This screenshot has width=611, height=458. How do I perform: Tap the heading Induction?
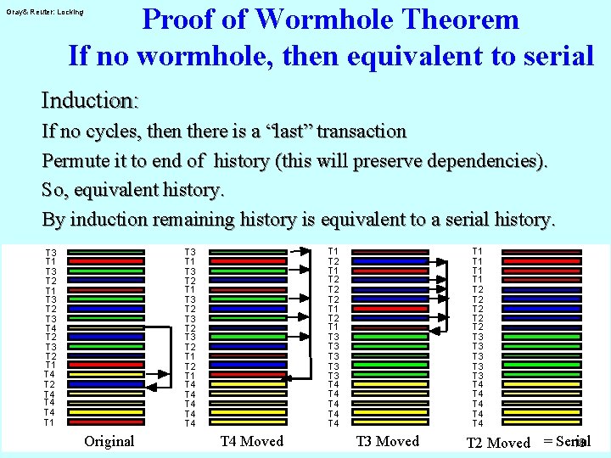pos(90,100)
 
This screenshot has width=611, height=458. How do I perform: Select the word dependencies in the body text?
pos(484,161)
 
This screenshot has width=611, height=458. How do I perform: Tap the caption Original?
pos(109,441)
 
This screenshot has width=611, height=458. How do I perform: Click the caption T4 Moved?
pos(251,441)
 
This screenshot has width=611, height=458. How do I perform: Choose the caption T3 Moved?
pos(387,441)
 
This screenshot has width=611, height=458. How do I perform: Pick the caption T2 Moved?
pos(498,442)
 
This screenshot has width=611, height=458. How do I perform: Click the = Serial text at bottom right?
pos(565,442)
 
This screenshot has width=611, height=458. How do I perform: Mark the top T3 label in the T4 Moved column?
pos(190,252)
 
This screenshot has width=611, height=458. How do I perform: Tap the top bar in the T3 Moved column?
pos(390,252)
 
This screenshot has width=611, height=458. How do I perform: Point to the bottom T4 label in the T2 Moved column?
pos(477,422)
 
